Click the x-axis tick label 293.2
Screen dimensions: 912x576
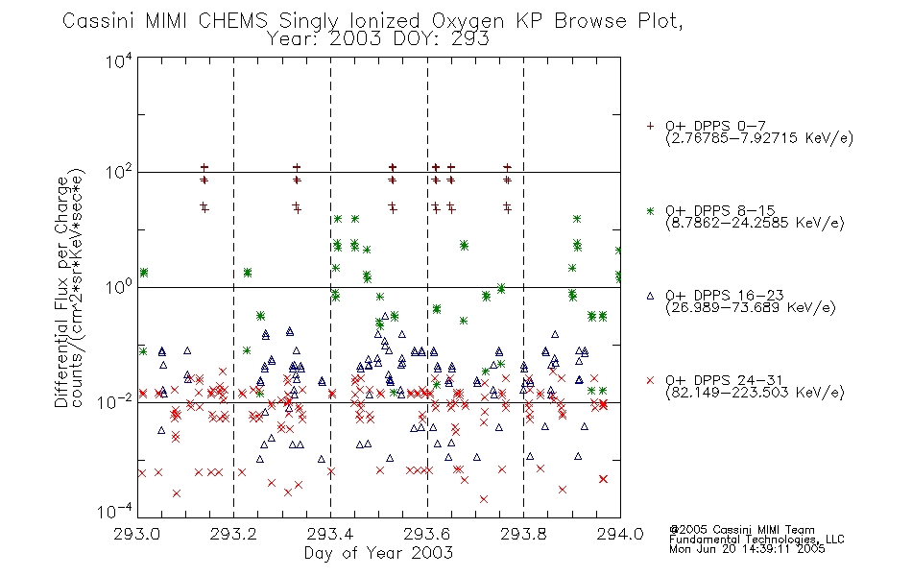(233, 534)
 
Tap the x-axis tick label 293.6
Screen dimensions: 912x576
(427, 534)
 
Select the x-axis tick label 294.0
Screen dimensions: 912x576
(620, 534)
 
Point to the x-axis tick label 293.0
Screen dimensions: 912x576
(136, 534)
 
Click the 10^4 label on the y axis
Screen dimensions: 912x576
(118, 60)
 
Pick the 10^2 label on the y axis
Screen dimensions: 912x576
(118, 172)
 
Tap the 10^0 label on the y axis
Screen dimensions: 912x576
(118, 287)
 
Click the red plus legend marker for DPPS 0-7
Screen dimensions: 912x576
(650, 126)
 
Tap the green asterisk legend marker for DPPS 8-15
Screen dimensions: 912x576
(650, 210)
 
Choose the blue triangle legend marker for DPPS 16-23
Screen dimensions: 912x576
(650, 296)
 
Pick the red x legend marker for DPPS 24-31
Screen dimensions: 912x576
(650, 380)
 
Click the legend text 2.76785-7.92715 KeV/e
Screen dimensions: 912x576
(759, 138)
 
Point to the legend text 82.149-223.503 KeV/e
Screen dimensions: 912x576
(755, 393)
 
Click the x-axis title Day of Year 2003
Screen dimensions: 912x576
(378, 553)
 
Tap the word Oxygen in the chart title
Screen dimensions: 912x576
(468, 21)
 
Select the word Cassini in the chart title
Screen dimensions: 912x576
(99, 21)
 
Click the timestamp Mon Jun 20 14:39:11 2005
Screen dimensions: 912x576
(747, 549)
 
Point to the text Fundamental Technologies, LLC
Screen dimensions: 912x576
(756, 540)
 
